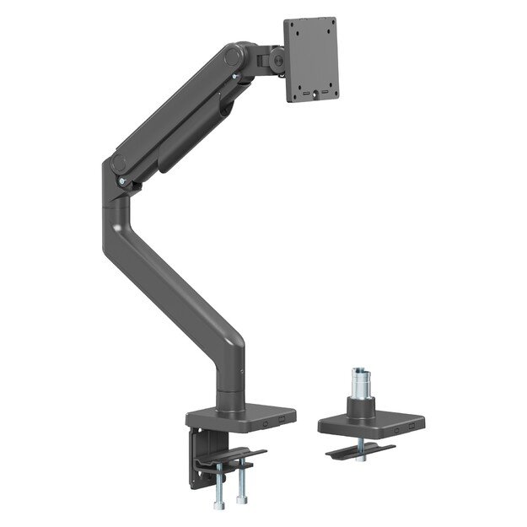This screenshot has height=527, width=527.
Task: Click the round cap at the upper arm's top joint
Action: (233, 57)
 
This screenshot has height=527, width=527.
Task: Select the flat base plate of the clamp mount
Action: (240, 416)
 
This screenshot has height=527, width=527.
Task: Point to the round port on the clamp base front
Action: (267, 419)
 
